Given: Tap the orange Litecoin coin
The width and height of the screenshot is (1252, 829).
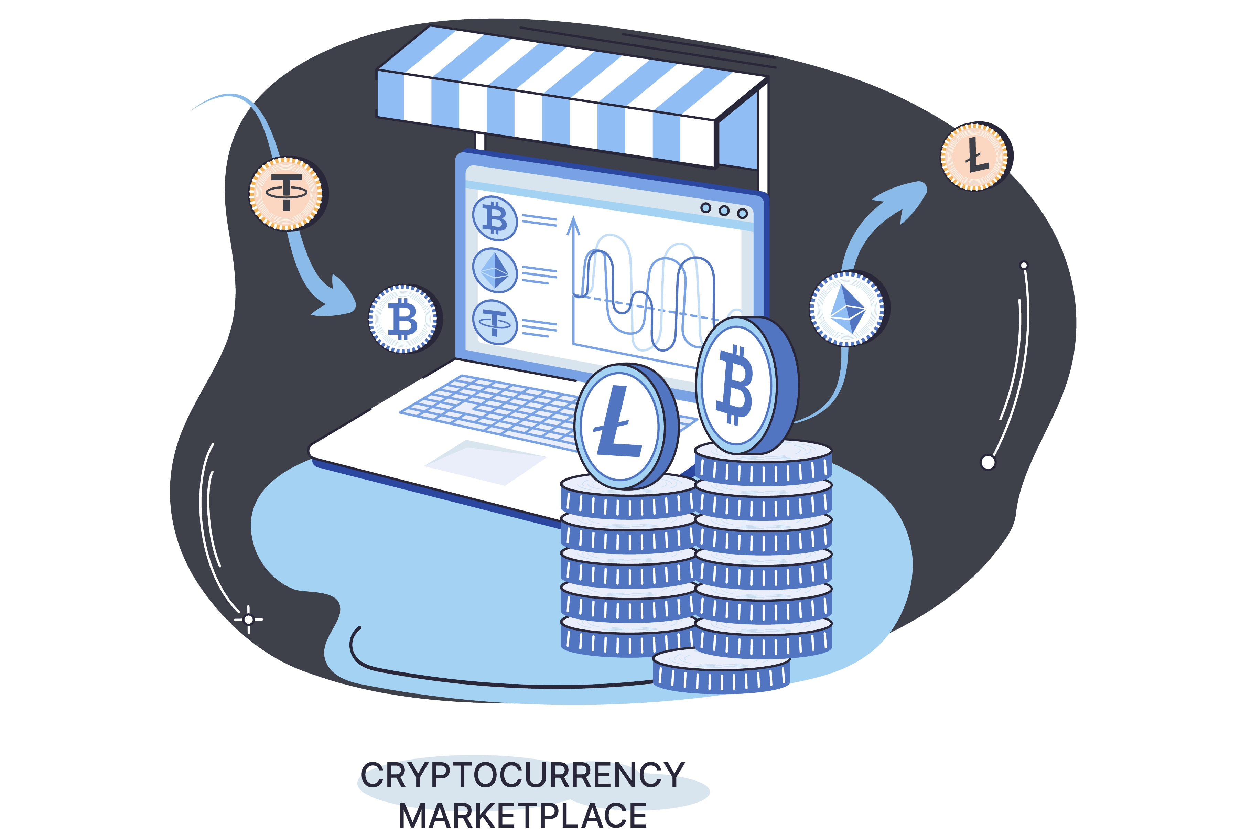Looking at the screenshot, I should pyautogui.click(x=974, y=157).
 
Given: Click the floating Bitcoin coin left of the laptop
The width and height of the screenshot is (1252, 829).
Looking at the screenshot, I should pyautogui.click(x=403, y=318).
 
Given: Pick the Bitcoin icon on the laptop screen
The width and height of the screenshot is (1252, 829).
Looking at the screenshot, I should pyautogui.click(x=495, y=218).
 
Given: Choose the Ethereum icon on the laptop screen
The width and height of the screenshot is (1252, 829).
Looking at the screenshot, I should pyautogui.click(x=495, y=270).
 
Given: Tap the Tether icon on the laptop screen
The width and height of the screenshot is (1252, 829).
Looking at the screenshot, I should pyautogui.click(x=495, y=322).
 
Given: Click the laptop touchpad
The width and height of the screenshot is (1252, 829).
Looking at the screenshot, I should pyautogui.click(x=485, y=463).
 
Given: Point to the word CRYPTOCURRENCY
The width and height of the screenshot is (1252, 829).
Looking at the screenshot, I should pyautogui.click(x=522, y=775).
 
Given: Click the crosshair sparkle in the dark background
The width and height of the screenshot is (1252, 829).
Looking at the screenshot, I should pyautogui.click(x=248, y=619).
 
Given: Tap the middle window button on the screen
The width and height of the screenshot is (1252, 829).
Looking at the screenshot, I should pyautogui.click(x=723, y=211).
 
